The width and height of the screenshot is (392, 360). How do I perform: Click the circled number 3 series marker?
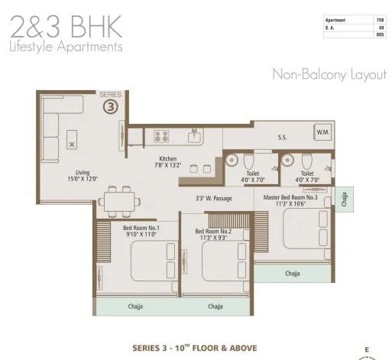point(112,107)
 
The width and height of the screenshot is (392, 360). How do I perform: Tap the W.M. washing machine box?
point(322,132)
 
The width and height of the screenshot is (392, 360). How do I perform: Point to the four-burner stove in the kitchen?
point(161,137)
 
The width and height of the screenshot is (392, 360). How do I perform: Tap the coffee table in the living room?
point(73,143)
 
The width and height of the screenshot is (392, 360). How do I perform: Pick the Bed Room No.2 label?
point(212,231)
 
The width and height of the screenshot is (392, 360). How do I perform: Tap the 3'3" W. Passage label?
point(214,198)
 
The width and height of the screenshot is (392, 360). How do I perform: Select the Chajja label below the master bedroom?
point(293,273)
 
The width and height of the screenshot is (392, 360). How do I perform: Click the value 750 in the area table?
point(380,20)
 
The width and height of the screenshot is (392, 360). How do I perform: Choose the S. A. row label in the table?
point(331,28)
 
